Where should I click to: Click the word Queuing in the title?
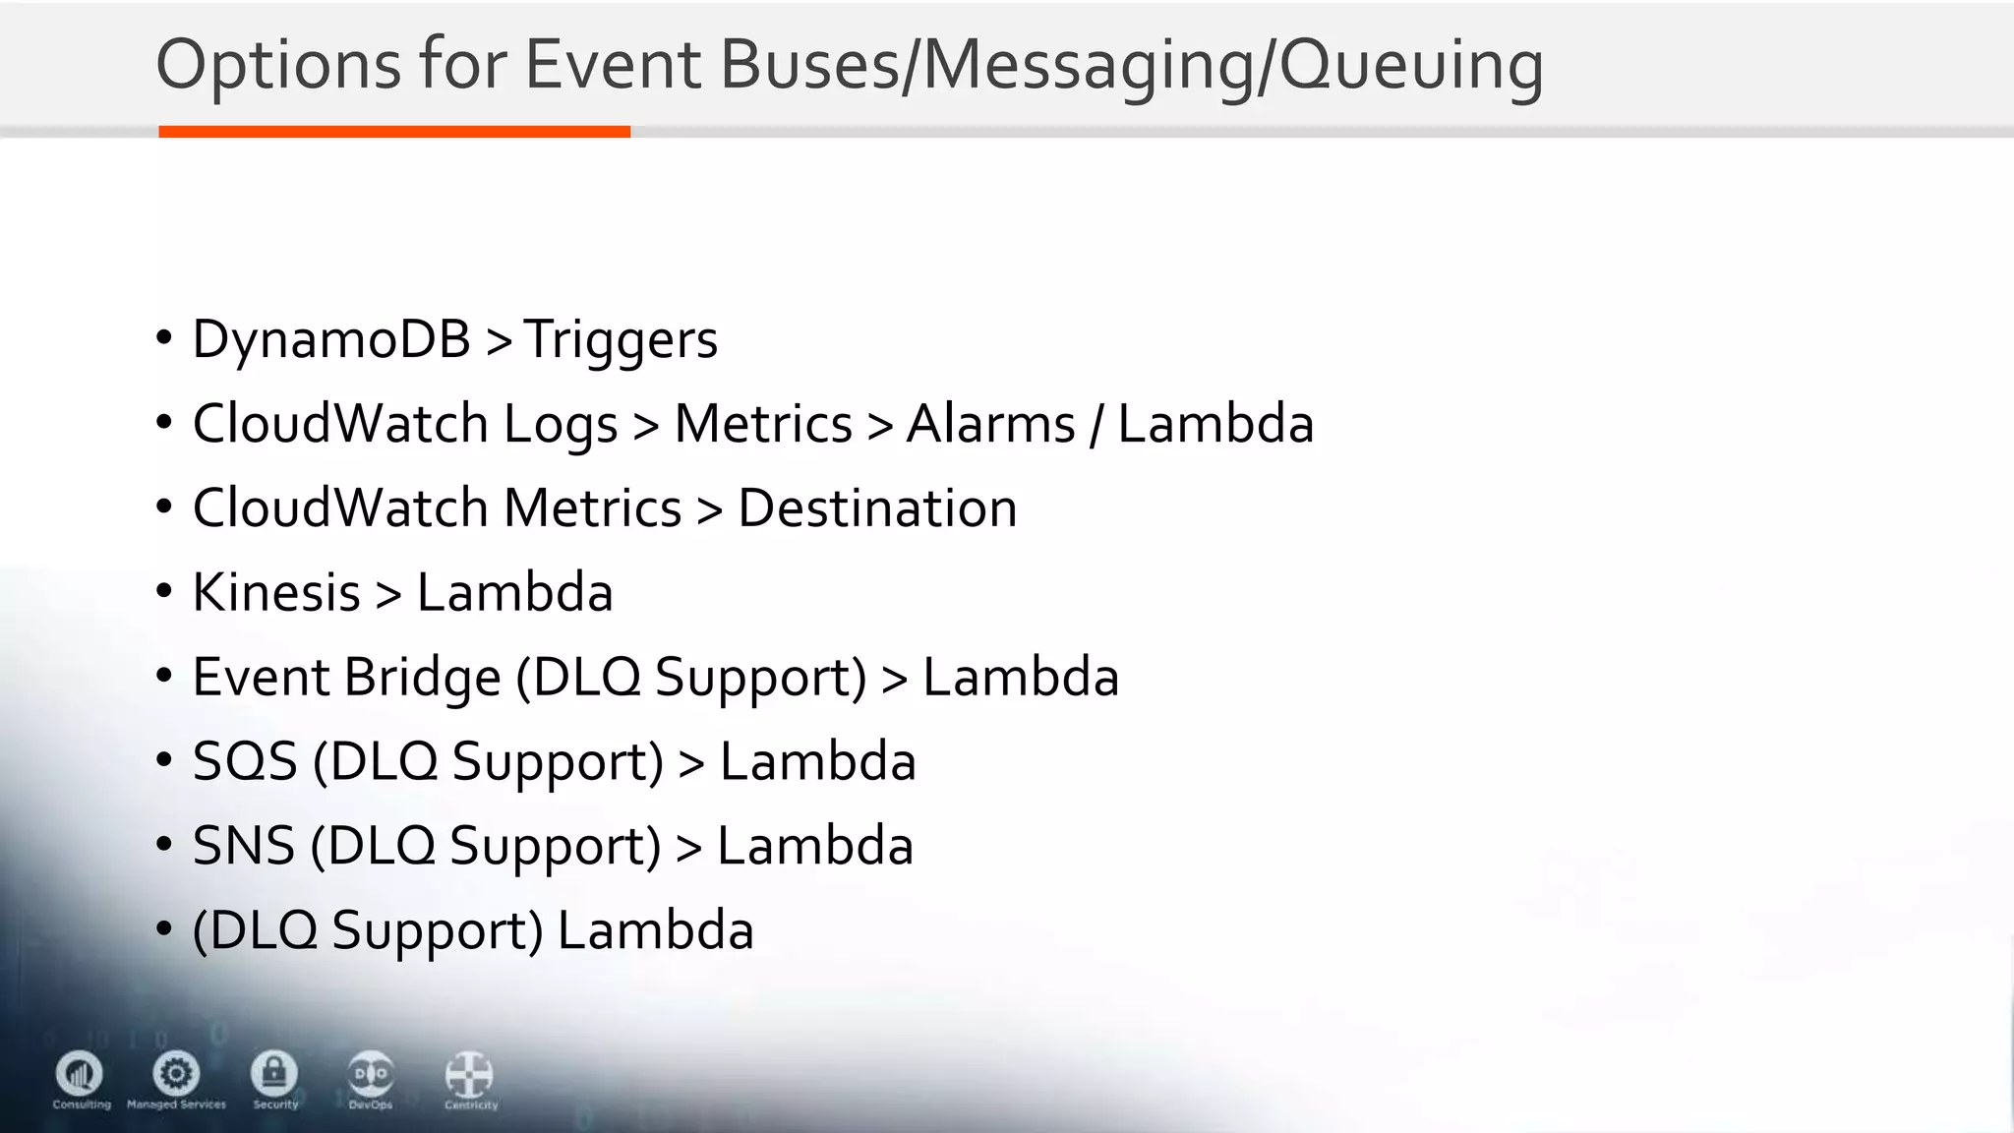point(1411,65)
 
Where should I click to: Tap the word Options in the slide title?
point(278,65)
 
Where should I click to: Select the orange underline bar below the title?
point(394,132)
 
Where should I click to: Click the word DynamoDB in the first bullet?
point(331,339)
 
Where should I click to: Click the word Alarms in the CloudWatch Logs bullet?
point(990,424)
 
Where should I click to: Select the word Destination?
point(877,508)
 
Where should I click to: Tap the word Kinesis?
point(276,593)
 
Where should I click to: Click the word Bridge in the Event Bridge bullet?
point(423,678)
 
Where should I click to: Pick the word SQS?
point(245,762)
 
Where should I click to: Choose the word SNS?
point(243,846)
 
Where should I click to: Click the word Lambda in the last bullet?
point(655,930)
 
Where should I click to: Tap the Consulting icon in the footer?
point(80,1073)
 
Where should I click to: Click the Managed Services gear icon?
point(176,1073)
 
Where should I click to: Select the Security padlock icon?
point(274,1073)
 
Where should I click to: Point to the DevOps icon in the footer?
point(371,1073)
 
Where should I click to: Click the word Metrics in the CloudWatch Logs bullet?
point(763,424)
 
